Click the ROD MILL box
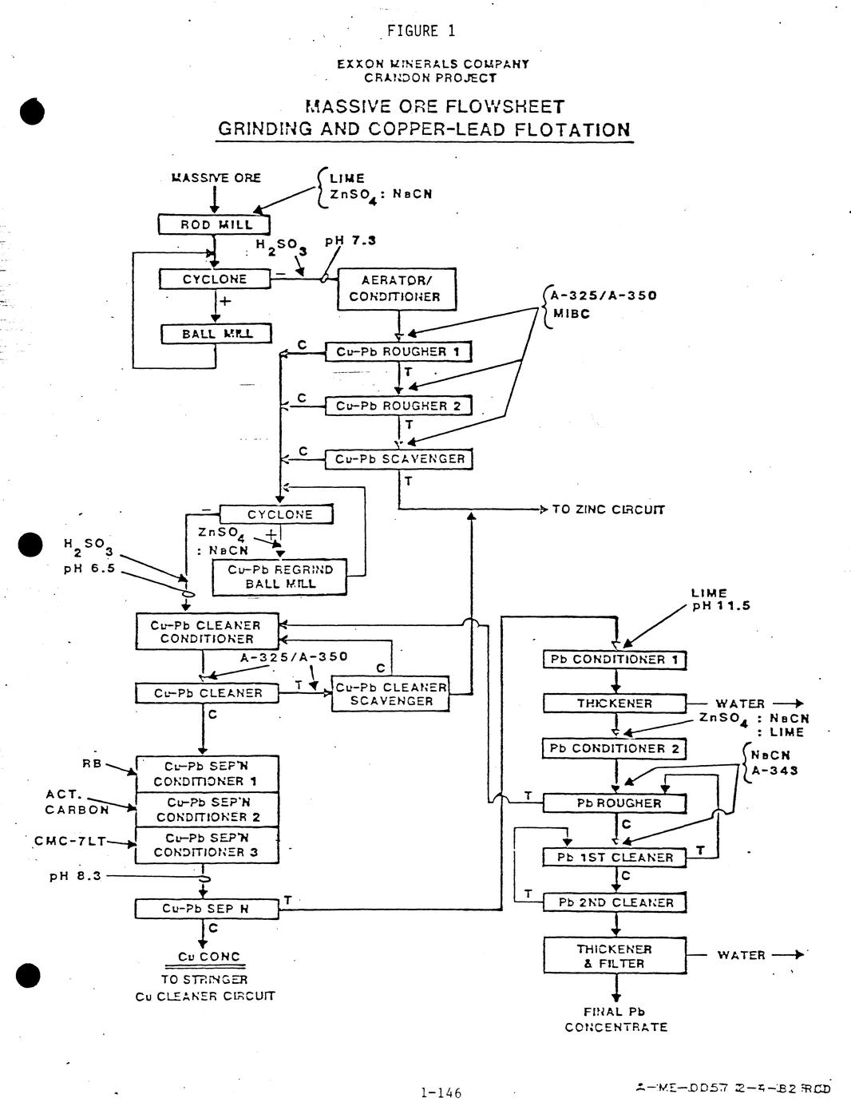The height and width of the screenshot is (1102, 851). tap(215, 224)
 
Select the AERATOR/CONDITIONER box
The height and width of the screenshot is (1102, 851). tap(397, 288)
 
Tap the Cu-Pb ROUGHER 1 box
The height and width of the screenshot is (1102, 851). tap(398, 351)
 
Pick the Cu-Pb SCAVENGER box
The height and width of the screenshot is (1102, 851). tap(398, 459)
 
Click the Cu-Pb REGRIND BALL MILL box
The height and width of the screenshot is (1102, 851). tap(279, 577)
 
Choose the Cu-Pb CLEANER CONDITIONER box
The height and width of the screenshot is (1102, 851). tap(207, 632)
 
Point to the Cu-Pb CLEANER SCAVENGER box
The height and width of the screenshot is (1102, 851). tap(390, 694)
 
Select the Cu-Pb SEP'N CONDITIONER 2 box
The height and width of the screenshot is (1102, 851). tap(207, 810)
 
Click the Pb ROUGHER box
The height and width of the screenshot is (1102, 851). tap(615, 803)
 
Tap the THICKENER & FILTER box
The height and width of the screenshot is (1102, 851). tap(615, 956)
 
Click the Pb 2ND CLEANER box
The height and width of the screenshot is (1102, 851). tap(615, 902)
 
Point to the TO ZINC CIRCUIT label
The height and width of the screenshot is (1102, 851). tap(608, 509)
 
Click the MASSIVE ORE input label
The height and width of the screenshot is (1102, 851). tap(216, 178)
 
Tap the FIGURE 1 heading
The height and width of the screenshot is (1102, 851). tap(421, 31)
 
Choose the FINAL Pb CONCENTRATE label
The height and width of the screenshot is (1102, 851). tap(615, 1020)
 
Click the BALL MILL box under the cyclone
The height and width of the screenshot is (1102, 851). tap(216, 334)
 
